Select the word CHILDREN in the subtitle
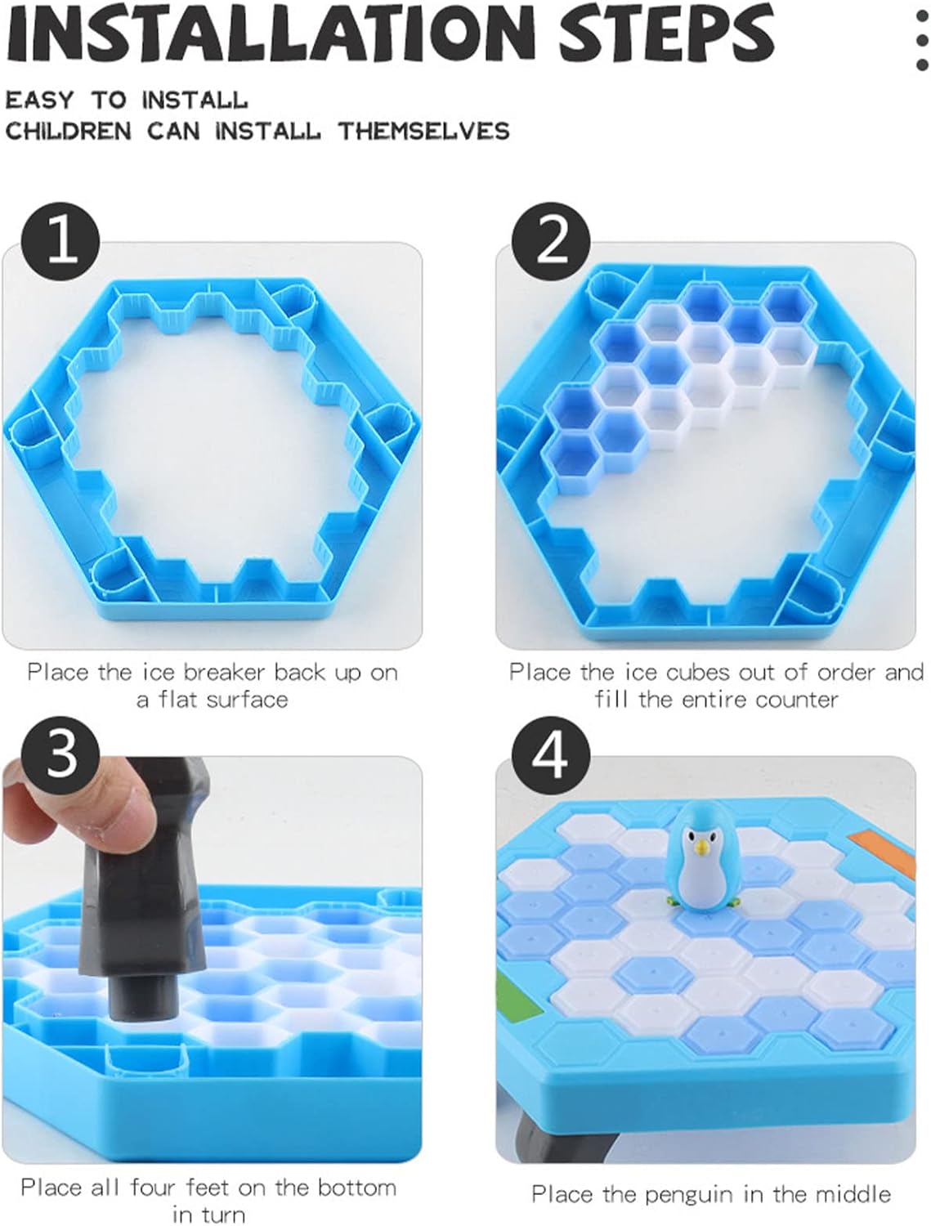click(68, 132)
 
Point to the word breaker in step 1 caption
click(225, 673)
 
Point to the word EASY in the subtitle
click(39, 101)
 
